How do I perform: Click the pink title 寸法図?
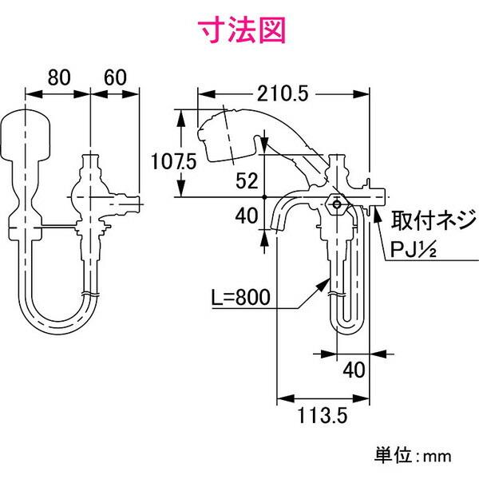click(x=242, y=30)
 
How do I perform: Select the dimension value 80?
click(x=59, y=77)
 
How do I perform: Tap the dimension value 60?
click(x=115, y=77)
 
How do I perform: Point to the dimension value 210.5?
click(x=283, y=93)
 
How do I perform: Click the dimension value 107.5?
click(x=173, y=161)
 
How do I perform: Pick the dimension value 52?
click(x=247, y=180)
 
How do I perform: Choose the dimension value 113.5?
click(x=323, y=415)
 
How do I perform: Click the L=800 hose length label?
click(x=241, y=297)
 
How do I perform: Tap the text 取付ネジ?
click(x=433, y=220)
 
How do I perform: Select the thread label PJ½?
click(x=414, y=250)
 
